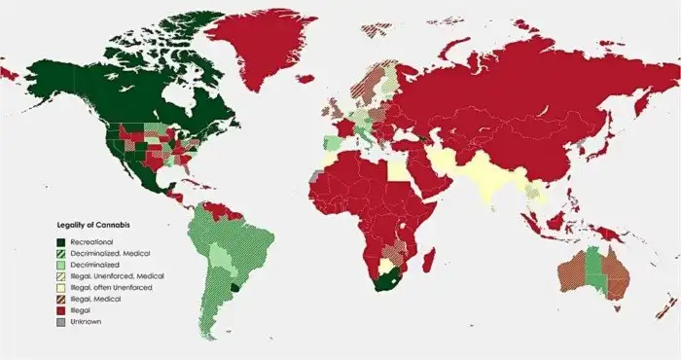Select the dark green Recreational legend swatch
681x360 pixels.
pos(61,240)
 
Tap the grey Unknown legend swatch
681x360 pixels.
pos(61,322)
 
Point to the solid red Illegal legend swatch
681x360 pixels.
pos(61,310)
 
